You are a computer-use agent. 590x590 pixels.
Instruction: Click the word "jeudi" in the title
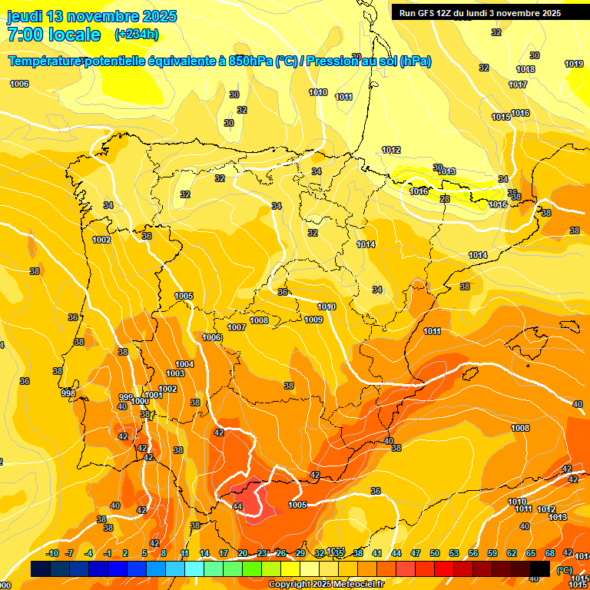coord(25,16)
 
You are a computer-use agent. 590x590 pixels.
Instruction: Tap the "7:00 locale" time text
coord(54,35)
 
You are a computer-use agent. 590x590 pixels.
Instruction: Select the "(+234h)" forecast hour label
coord(136,35)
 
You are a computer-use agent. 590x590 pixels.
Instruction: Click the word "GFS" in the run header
coord(433,13)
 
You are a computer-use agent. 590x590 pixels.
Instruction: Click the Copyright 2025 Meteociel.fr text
coord(326,585)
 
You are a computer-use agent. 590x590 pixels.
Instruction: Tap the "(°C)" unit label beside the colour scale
coord(564,570)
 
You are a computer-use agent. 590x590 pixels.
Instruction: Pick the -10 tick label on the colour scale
coord(52,553)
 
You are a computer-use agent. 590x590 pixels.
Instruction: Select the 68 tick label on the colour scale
coord(550,553)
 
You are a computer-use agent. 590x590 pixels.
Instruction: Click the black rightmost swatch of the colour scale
coord(540,569)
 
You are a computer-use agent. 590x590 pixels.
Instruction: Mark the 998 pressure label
coord(68,393)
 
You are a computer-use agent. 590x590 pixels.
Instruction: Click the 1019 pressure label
coord(574,65)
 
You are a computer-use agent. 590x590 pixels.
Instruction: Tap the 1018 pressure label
coord(525,70)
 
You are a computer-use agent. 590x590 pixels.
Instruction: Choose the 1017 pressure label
coord(518,85)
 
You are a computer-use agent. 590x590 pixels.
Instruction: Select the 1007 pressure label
coord(237,328)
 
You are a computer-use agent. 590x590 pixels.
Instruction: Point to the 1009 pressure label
coord(313,320)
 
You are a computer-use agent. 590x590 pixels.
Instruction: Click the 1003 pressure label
coord(175,374)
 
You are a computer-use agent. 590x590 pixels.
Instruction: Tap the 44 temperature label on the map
coord(237,506)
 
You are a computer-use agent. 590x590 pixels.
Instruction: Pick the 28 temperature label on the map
coord(445,200)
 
